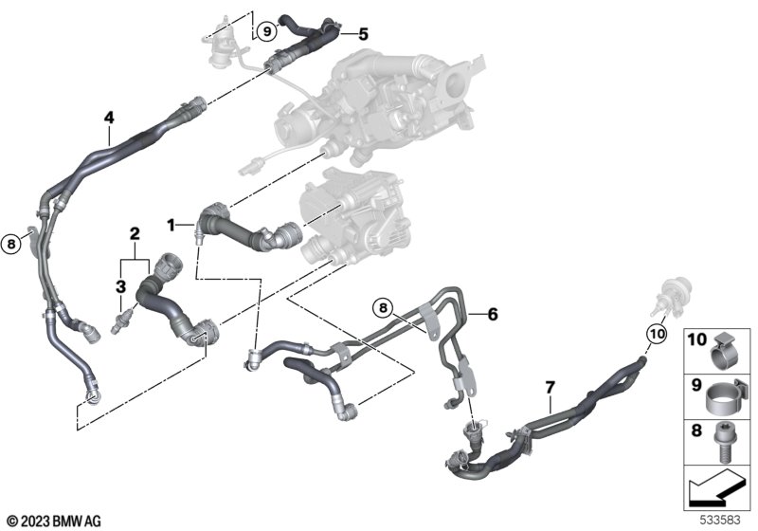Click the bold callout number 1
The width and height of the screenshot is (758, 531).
(171, 225)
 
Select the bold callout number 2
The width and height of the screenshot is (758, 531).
(135, 234)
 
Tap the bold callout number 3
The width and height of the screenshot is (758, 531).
(121, 286)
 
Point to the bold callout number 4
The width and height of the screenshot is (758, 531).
(109, 118)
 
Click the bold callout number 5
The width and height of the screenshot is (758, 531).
(363, 34)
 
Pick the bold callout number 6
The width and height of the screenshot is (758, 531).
(493, 315)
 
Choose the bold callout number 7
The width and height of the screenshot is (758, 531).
(550, 388)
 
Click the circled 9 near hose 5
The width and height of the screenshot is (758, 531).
(266, 32)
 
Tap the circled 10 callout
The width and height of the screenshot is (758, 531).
(658, 334)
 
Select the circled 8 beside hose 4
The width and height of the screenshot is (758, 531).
(11, 244)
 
